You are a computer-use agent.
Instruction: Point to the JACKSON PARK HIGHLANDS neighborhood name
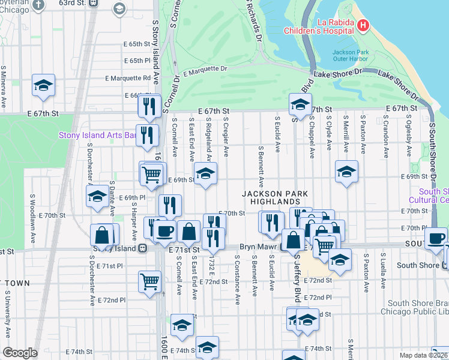click(x=275, y=198)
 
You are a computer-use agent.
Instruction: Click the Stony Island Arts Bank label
click(x=97, y=135)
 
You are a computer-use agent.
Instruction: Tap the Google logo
click(x=20, y=353)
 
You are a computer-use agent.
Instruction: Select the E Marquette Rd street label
click(x=128, y=78)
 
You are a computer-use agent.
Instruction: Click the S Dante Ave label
click(x=112, y=199)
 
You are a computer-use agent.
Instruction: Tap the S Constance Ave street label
click(x=238, y=279)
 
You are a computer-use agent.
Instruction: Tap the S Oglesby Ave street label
click(x=398, y=140)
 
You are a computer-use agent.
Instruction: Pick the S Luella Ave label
click(x=382, y=272)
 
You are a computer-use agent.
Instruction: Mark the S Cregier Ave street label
click(x=226, y=137)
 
